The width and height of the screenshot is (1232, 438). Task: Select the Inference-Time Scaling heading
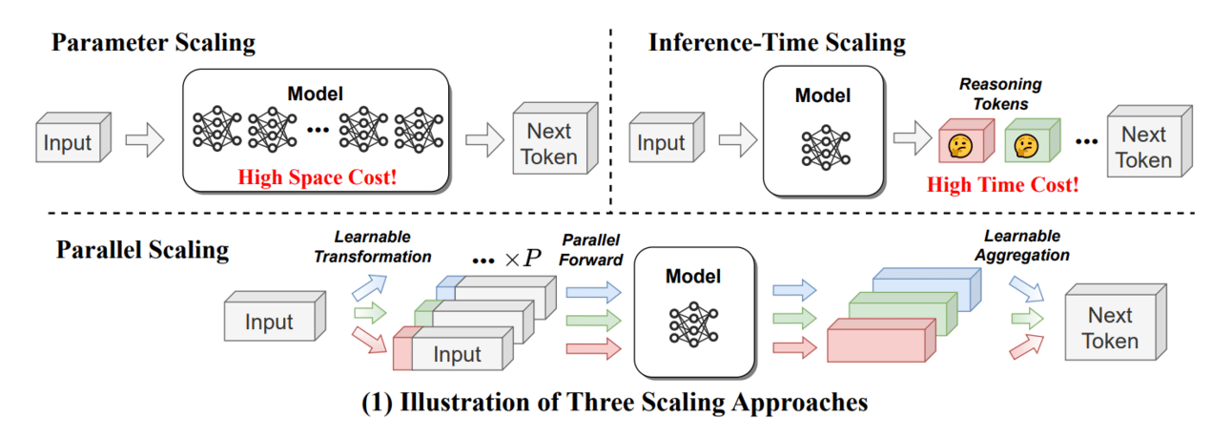pos(776,43)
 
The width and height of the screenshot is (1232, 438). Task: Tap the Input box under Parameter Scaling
pos(69,143)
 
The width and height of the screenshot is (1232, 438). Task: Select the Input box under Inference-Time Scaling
pos(661,143)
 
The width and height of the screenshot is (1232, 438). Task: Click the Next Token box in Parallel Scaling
pos(1109,327)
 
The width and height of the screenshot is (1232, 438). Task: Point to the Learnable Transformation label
pos(382,247)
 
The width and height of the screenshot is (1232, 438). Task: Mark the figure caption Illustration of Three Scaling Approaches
pos(615,402)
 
